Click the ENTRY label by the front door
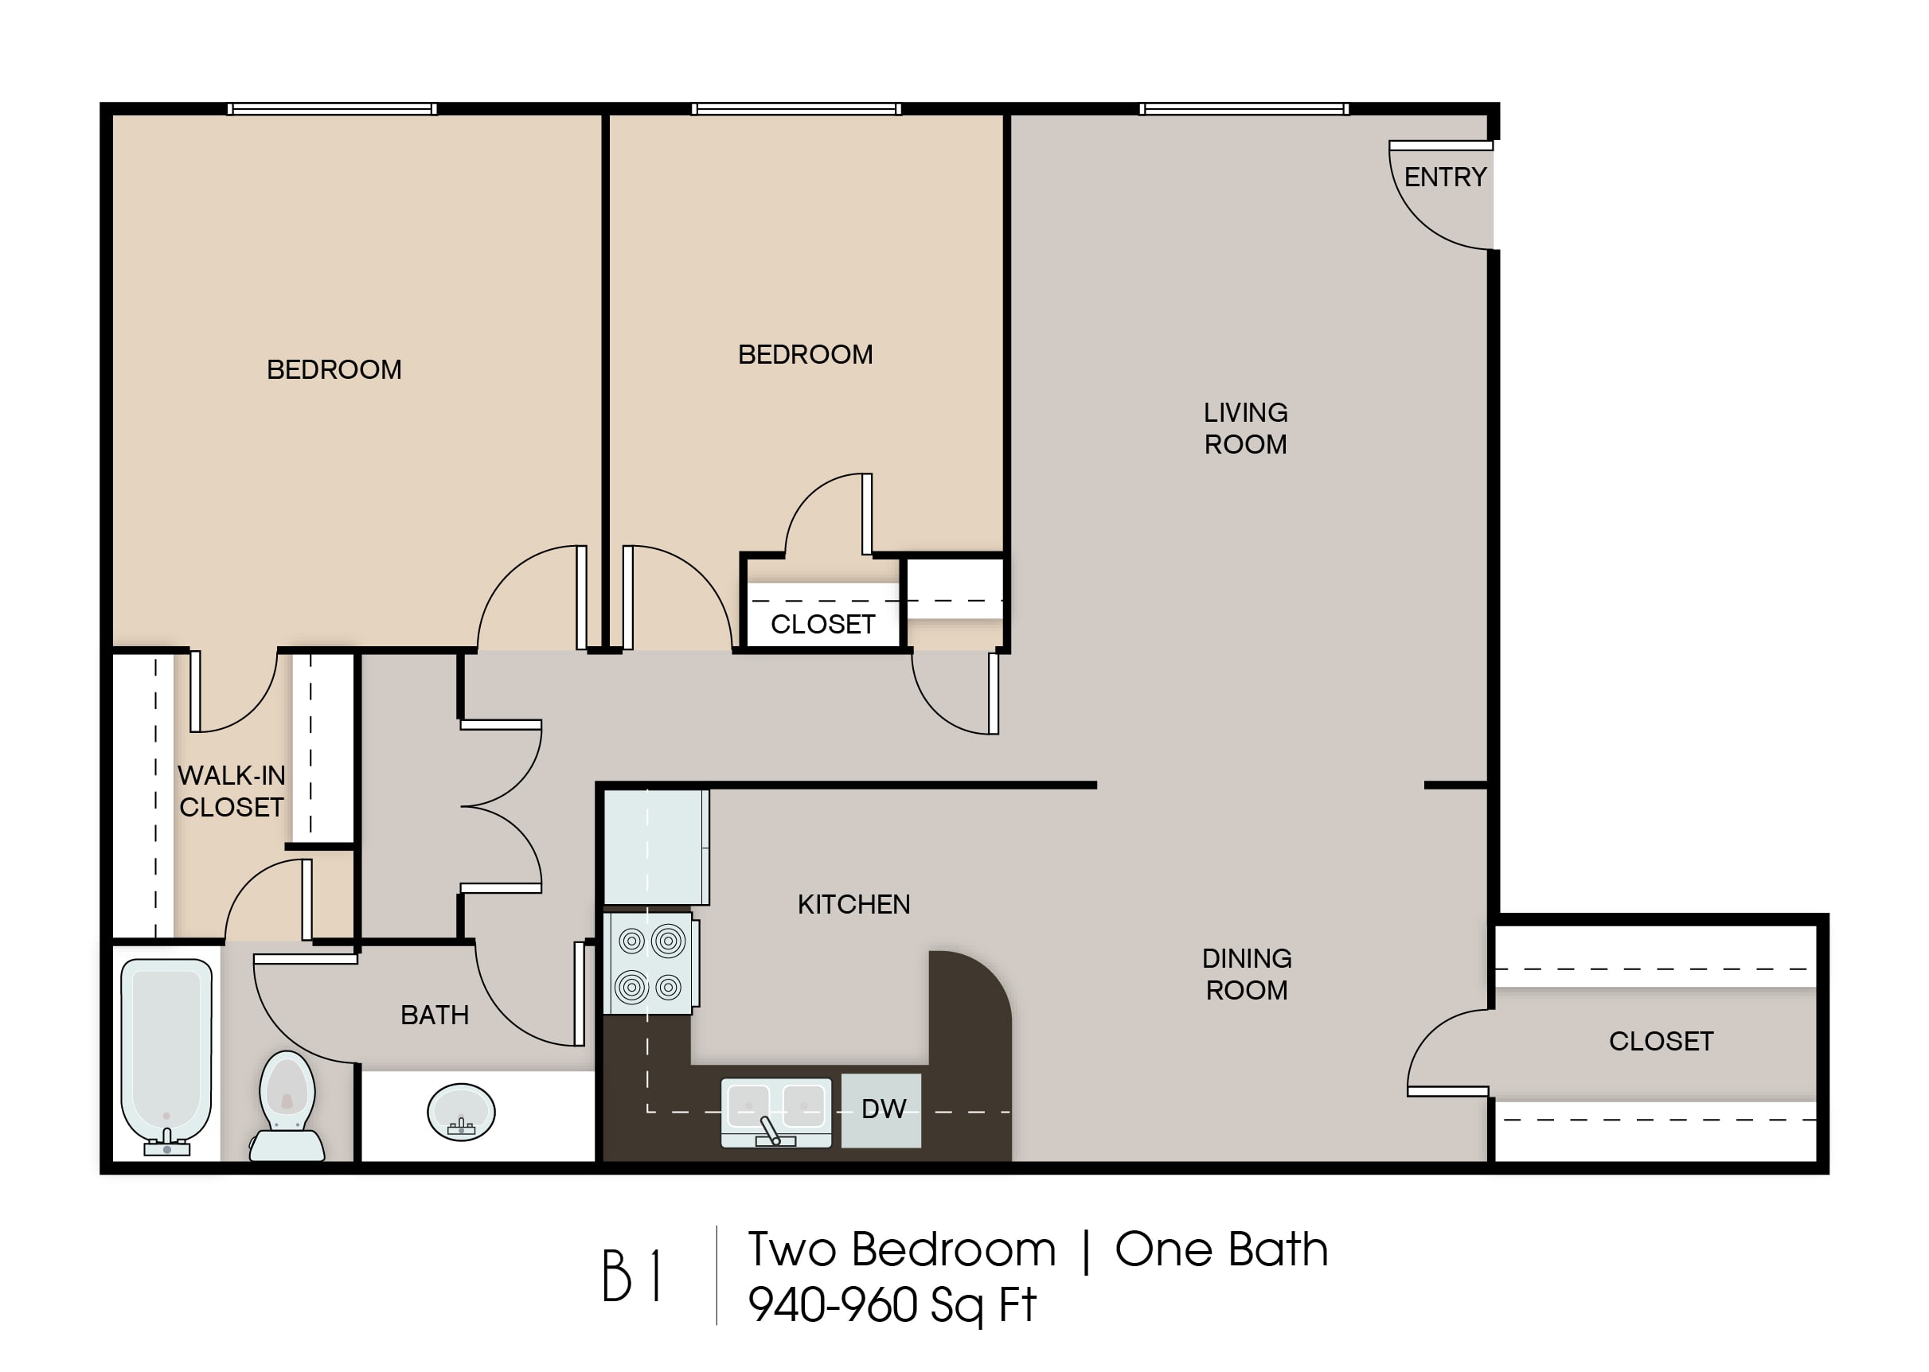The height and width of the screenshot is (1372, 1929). tap(1445, 177)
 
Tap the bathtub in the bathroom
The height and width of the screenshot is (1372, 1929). tap(166, 1056)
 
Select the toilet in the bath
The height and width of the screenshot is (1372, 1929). tap(287, 1106)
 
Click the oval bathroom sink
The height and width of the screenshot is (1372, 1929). tap(461, 1112)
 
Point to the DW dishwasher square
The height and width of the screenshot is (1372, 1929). tap(881, 1110)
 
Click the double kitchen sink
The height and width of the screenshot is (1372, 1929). tap(775, 1112)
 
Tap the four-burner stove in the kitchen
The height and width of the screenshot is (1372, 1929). tap(650, 963)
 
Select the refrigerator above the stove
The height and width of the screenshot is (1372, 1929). tap(656, 848)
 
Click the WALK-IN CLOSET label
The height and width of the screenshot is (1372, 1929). tap(232, 791)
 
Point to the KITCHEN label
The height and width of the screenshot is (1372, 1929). tap(854, 905)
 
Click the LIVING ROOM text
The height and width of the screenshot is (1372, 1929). tap(1245, 428)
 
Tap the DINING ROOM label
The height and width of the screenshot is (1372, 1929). tap(1248, 974)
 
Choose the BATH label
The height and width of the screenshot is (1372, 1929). tap(435, 1015)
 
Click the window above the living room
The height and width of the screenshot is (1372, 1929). tap(1244, 109)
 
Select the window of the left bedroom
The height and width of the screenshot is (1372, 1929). tap(332, 109)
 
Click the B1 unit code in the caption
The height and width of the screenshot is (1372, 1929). tap(631, 1276)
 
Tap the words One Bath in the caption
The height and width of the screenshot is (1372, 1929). tap(1222, 1249)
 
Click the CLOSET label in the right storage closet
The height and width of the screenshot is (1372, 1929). tap(1662, 1042)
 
